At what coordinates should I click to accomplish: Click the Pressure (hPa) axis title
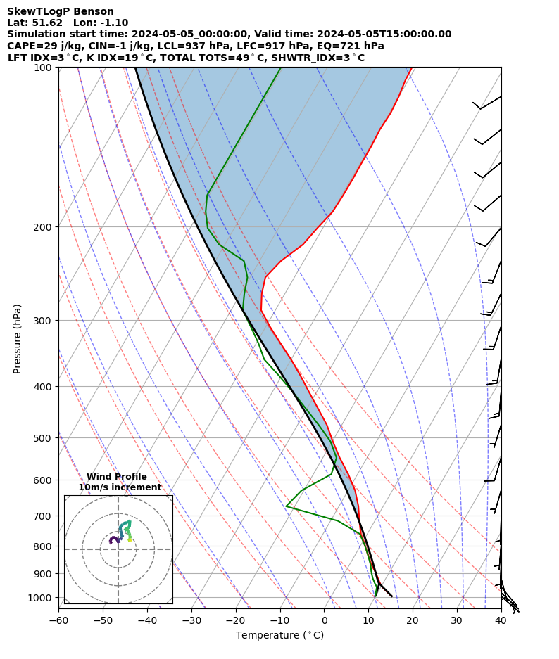[x=18, y=338]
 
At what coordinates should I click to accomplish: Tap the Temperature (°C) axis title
[x=279, y=636]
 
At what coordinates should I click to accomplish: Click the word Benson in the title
[x=94, y=12]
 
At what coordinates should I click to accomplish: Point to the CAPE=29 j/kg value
[x=35, y=46]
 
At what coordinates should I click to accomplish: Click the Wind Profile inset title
[x=117, y=477]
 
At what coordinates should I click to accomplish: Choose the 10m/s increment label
[x=120, y=487]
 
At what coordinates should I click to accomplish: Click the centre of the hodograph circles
[x=118, y=549]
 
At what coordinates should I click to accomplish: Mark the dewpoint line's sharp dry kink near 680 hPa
[x=287, y=506]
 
